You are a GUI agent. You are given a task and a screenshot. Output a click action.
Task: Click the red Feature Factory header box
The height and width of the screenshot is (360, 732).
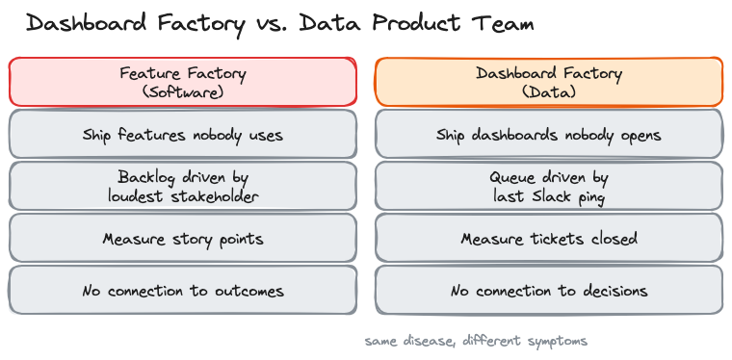coord(183,82)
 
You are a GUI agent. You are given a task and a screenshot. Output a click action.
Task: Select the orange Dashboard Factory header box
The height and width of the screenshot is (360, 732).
coord(548,82)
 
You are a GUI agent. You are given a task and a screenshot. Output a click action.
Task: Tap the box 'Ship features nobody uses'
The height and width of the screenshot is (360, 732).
coord(183,135)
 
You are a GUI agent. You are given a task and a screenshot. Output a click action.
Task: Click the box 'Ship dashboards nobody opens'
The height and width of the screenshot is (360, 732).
coord(548,135)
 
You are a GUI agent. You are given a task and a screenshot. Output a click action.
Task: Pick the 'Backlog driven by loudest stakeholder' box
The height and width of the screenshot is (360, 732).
coord(183,187)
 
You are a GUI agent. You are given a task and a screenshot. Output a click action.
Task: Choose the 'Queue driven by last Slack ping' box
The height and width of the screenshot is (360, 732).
coord(548,187)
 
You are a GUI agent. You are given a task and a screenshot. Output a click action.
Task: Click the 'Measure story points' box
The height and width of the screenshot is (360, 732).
coord(183,239)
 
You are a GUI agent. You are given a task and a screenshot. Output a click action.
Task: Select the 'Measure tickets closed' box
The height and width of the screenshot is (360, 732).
coord(548,239)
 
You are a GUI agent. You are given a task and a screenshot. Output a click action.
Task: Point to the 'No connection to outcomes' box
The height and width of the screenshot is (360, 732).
coord(183,291)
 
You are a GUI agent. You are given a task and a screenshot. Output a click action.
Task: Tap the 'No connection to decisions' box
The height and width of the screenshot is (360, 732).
coord(548,291)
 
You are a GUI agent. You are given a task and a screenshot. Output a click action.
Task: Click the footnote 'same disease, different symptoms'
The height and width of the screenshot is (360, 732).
coord(476,341)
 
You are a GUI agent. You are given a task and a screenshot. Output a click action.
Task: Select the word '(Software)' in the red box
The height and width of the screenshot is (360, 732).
coord(183,92)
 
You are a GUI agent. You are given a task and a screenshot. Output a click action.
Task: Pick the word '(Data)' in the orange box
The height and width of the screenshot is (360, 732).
coord(548,92)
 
